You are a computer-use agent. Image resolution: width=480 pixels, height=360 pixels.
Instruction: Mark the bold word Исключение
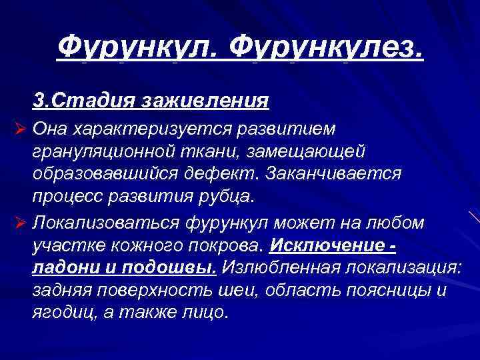coord(327,244)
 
